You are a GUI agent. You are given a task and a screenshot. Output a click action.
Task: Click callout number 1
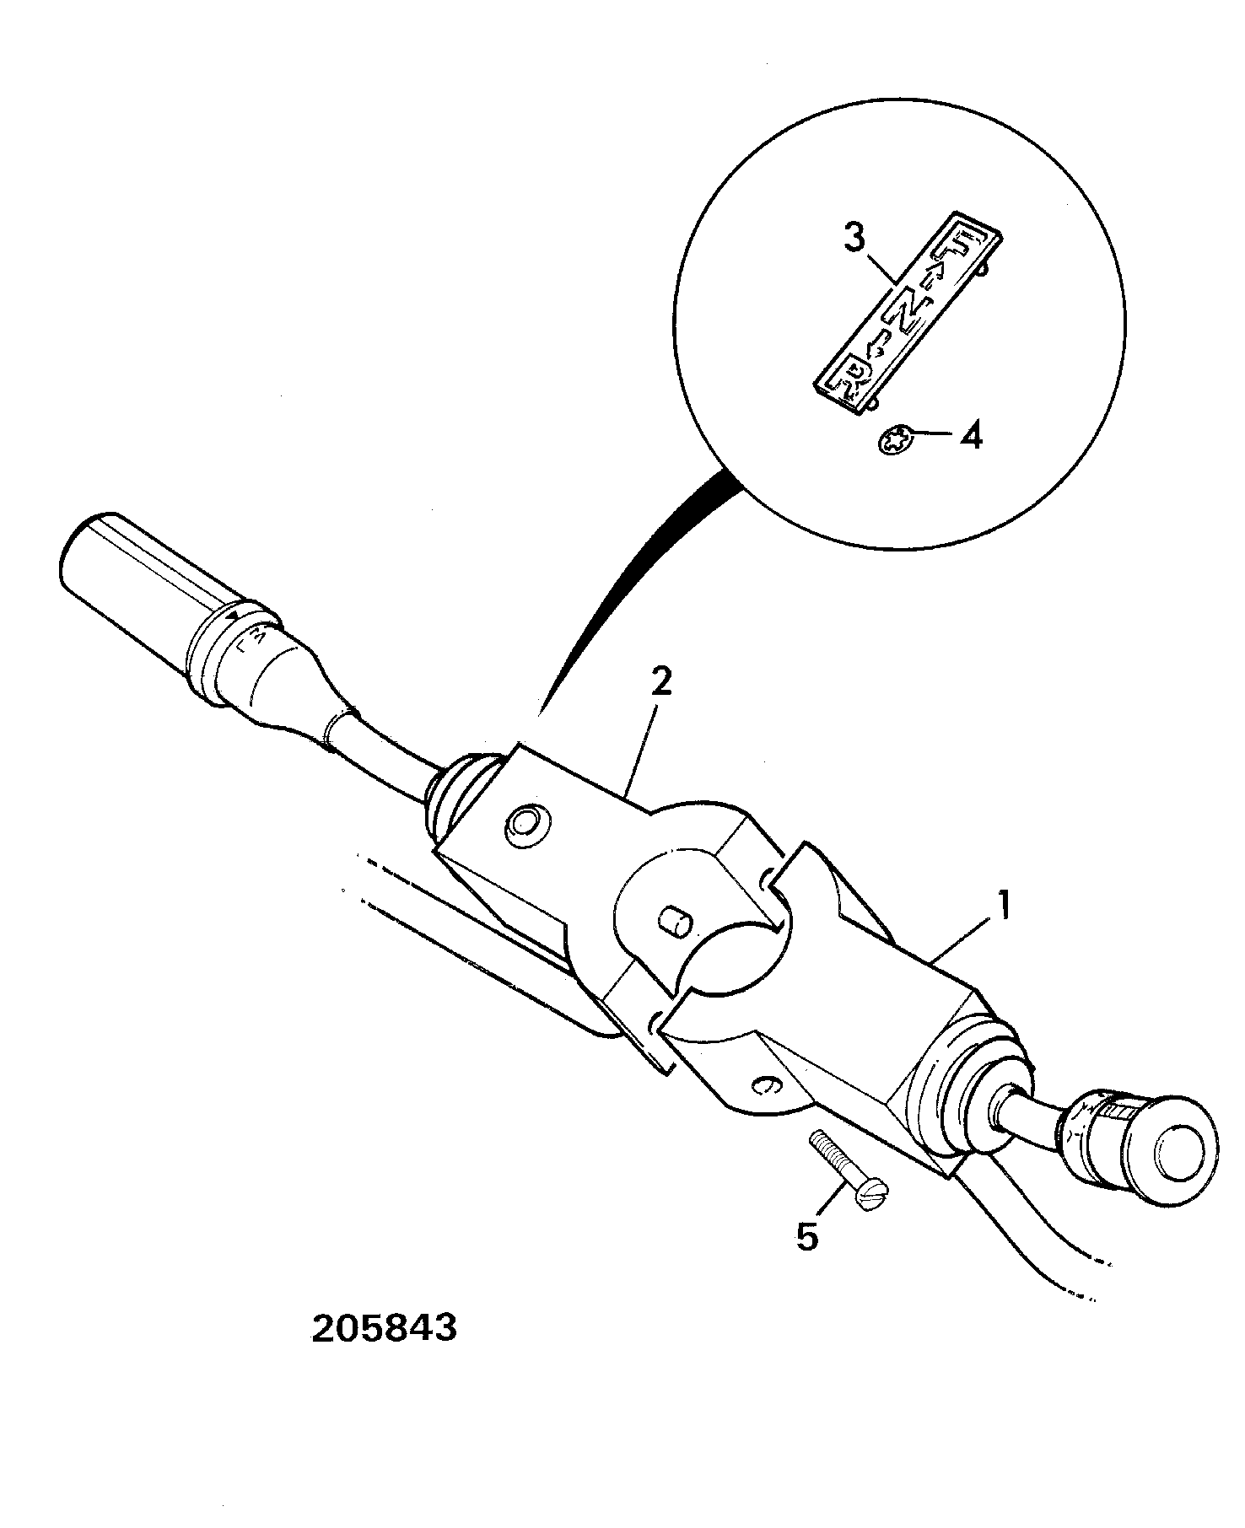1003,908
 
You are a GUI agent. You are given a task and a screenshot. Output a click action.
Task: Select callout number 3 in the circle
854,239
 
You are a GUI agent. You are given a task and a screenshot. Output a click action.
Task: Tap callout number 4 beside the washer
972,436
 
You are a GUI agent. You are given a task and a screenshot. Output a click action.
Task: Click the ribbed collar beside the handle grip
232,647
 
